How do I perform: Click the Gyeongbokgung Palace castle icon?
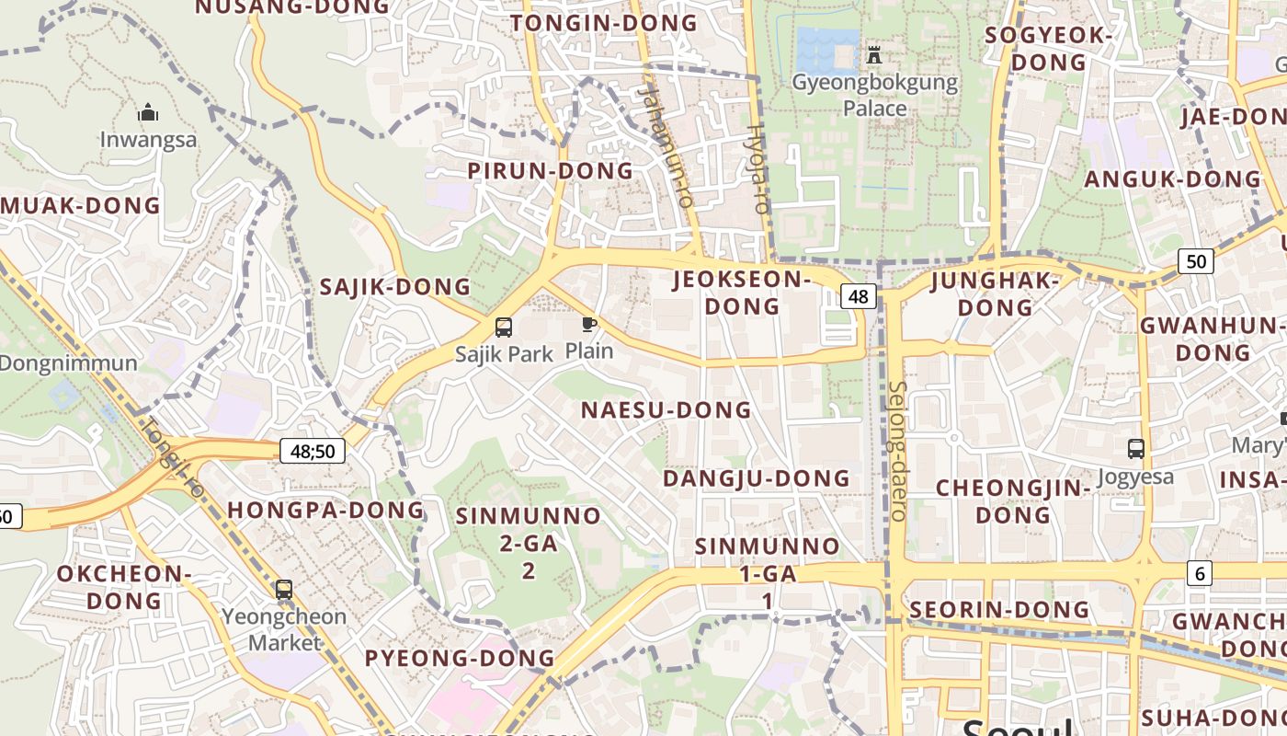click(874, 55)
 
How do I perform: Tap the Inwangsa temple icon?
click(148, 113)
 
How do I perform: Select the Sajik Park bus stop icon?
click(504, 327)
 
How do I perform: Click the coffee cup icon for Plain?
click(588, 324)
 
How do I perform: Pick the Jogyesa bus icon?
click(1136, 449)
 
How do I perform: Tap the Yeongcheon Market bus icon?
click(284, 590)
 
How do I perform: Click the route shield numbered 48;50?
click(313, 451)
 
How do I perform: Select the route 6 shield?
click(1199, 573)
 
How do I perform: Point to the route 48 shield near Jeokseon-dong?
click(858, 296)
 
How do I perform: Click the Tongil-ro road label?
click(172, 457)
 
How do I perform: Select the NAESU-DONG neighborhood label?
click(666, 410)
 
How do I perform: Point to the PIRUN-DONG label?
click(550, 171)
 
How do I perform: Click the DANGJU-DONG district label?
click(756, 478)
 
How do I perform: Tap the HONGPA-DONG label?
click(325, 510)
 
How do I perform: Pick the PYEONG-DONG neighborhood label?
click(460, 659)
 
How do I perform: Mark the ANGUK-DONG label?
click(1172, 178)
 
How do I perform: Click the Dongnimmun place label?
click(69, 362)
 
